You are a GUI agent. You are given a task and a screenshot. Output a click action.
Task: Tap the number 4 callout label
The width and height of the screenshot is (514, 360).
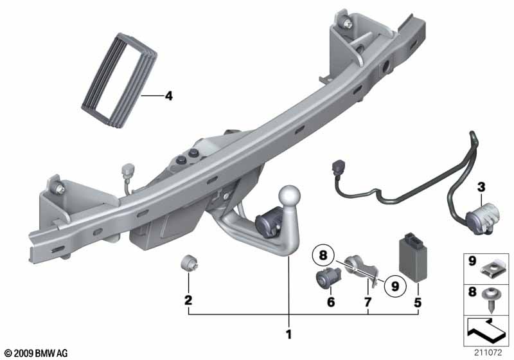(x=168, y=96)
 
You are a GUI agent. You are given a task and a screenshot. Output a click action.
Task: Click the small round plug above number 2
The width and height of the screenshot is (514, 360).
(x=190, y=263)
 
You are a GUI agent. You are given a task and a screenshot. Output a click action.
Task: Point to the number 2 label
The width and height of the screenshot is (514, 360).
(x=188, y=300)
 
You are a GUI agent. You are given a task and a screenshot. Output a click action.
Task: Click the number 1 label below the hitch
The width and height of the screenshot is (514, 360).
(x=288, y=335)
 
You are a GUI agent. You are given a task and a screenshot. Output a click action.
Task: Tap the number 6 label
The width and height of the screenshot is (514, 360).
(x=331, y=302)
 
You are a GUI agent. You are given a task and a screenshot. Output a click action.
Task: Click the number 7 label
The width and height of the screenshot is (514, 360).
(x=368, y=302)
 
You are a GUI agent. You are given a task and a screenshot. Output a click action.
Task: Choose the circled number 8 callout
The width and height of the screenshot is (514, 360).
(x=323, y=255)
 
